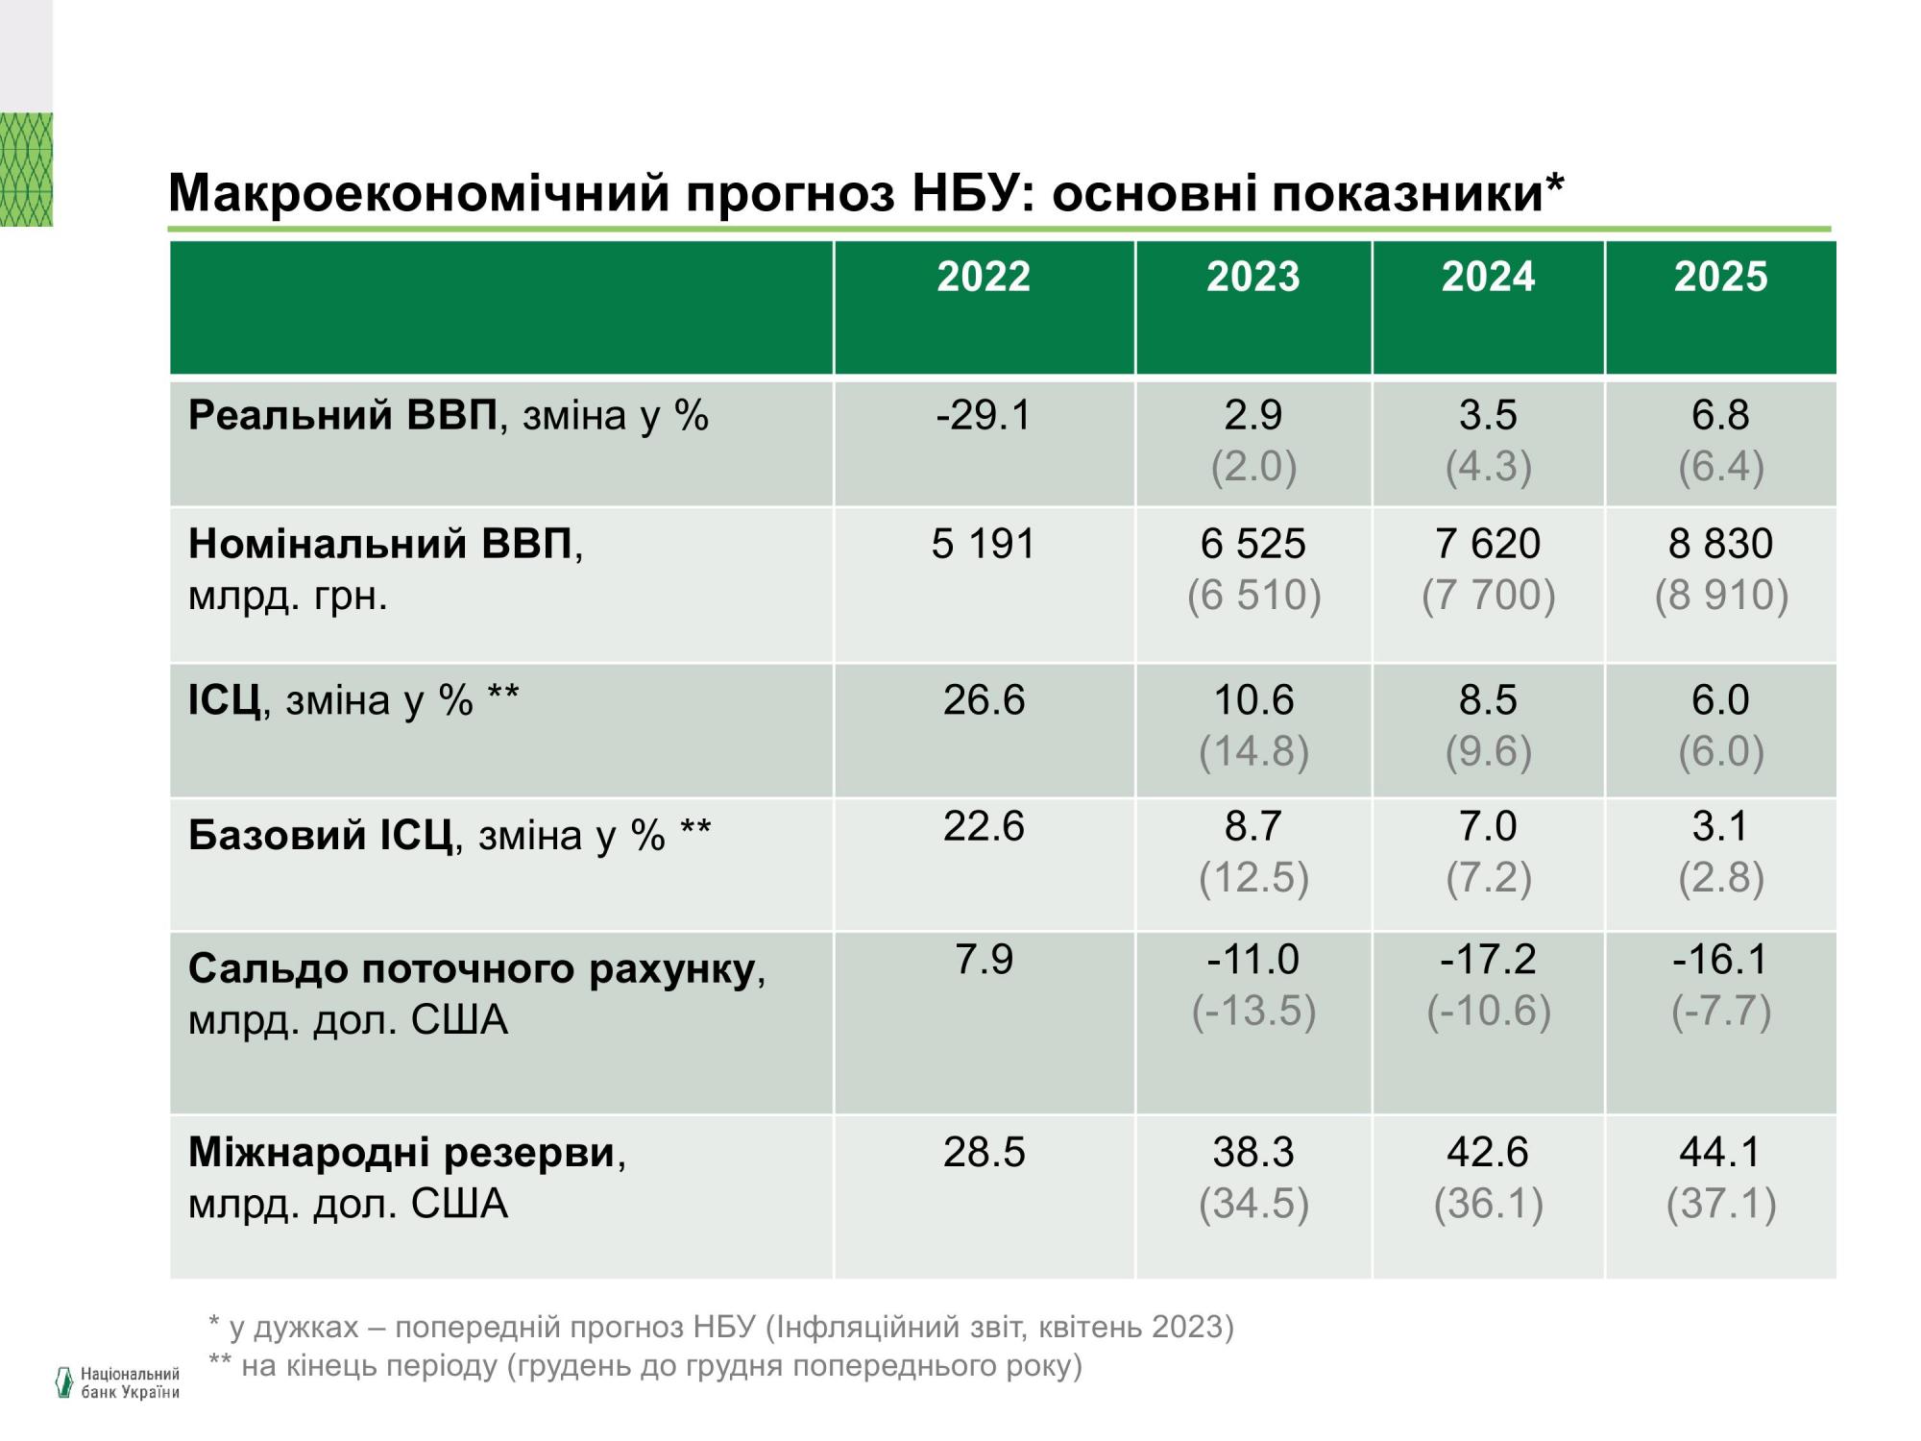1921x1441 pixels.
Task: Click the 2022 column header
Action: click(x=984, y=278)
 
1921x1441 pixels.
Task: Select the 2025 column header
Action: click(x=1720, y=278)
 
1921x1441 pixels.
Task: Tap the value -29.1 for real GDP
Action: click(x=984, y=415)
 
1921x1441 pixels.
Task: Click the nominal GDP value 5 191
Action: click(x=984, y=544)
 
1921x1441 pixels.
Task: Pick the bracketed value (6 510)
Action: click(x=1253, y=595)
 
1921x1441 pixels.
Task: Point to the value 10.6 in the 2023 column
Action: click(x=1253, y=699)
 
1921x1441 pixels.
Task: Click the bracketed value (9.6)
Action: click(x=1488, y=751)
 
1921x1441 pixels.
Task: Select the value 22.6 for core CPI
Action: click(x=984, y=826)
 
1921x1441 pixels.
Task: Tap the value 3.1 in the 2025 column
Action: click(x=1720, y=826)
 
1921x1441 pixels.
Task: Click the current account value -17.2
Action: click(x=1488, y=959)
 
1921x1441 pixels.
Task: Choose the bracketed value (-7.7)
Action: click(x=1720, y=1011)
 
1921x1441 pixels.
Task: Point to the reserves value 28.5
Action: click(x=984, y=1152)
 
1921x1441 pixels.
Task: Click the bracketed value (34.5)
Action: click(x=1253, y=1204)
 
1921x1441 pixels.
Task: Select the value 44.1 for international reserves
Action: click(x=1720, y=1152)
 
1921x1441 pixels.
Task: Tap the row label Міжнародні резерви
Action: click(x=401, y=1152)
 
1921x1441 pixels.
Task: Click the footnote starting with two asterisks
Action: click(x=645, y=1365)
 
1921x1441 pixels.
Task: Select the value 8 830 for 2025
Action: click(x=1720, y=544)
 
